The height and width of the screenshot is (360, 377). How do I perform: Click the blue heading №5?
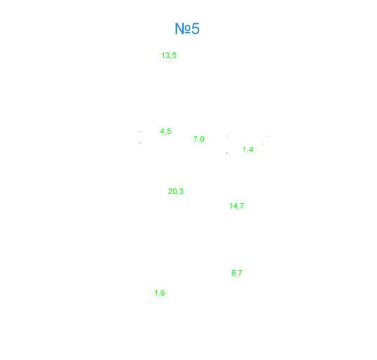pyautogui.click(x=187, y=29)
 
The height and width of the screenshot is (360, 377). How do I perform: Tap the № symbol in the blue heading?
pyautogui.click(x=183, y=29)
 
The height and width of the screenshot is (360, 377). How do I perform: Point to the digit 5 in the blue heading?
pyautogui.click(x=196, y=29)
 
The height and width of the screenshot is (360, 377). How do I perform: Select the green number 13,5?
pyautogui.click(x=169, y=56)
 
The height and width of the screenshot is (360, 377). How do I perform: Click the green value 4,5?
pyautogui.click(x=166, y=132)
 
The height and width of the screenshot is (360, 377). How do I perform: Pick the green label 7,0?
pyautogui.click(x=199, y=139)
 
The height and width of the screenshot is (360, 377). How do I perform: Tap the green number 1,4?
pyautogui.click(x=248, y=150)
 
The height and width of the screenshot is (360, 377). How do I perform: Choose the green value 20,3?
pyautogui.click(x=176, y=191)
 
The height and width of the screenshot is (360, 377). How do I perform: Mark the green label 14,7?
pyautogui.click(x=236, y=206)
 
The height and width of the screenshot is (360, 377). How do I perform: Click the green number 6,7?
pyautogui.click(x=237, y=273)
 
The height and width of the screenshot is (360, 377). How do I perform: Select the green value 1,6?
pyautogui.click(x=159, y=293)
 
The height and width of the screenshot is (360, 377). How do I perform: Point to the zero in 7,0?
pyautogui.click(x=202, y=139)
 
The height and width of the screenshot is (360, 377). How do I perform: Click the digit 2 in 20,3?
pyautogui.click(x=170, y=191)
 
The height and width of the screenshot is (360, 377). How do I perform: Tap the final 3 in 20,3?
pyautogui.click(x=181, y=191)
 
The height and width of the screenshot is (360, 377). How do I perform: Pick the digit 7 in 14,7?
pyautogui.click(x=241, y=206)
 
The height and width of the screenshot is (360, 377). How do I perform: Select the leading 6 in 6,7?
pyautogui.click(x=233, y=273)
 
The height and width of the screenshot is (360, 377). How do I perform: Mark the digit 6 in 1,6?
pyautogui.click(x=163, y=292)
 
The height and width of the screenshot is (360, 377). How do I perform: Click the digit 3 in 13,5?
pyautogui.click(x=167, y=55)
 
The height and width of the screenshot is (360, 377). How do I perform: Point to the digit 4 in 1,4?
pyautogui.click(x=251, y=150)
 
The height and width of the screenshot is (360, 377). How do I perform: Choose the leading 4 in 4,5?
pyautogui.click(x=163, y=131)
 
